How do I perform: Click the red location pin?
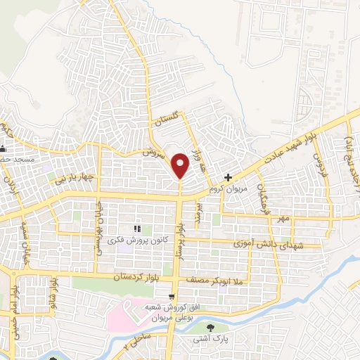[x=180, y=165]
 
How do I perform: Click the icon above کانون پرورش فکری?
[x=138, y=228]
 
